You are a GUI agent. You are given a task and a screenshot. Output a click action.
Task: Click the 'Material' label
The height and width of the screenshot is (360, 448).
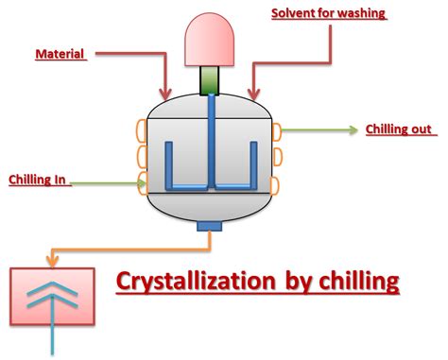pos(60,55)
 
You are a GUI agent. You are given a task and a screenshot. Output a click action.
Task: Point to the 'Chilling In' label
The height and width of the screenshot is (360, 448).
pos(37,179)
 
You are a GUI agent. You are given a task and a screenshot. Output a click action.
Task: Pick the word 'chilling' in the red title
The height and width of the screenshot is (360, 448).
pos(353,282)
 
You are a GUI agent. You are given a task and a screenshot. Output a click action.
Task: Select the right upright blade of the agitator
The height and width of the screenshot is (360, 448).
pos(253,161)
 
